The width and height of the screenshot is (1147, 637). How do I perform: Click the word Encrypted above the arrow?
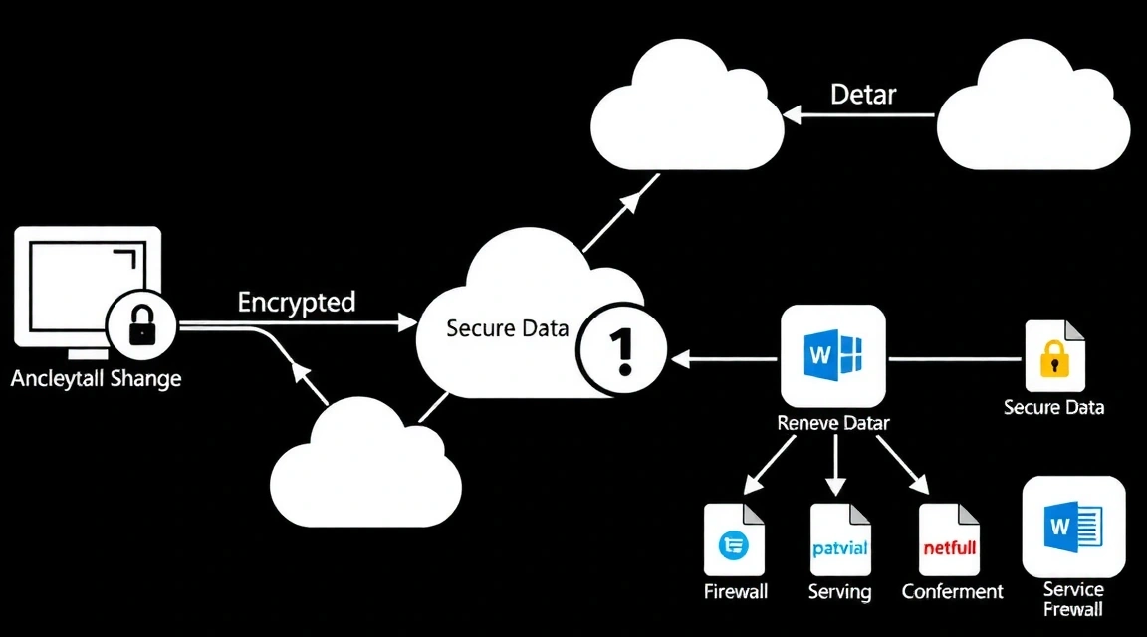[x=297, y=303]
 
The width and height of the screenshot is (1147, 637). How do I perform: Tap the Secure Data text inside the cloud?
[x=508, y=328]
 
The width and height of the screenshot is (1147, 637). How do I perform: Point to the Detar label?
[x=863, y=96]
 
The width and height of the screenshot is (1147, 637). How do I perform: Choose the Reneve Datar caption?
[x=833, y=423]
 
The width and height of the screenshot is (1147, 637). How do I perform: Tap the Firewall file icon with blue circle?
[x=735, y=540]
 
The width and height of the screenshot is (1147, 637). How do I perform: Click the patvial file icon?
[x=840, y=540]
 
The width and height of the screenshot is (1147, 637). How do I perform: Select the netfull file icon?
[x=950, y=540]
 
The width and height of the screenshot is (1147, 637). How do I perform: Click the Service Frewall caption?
[x=1073, y=599]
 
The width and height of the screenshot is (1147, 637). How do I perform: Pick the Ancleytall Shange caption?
[x=97, y=379]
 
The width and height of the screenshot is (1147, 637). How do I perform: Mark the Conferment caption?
[x=953, y=592]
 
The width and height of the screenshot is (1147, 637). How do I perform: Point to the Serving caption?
[x=840, y=592]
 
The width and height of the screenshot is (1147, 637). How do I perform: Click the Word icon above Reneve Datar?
[x=833, y=356]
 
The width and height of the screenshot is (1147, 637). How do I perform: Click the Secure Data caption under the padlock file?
[x=1053, y=407]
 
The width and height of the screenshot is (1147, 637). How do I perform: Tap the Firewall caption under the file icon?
[x=736, y=592]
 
